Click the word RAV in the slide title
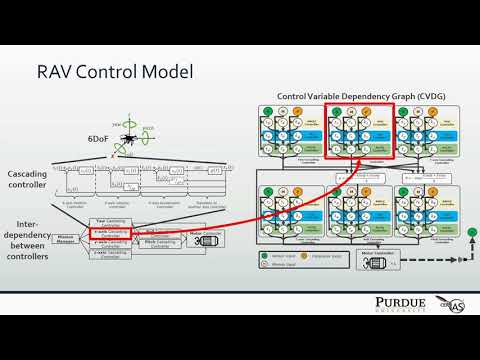tap(59, 73)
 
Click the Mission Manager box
tap(67, 240)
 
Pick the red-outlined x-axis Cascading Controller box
tap(112, 233)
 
